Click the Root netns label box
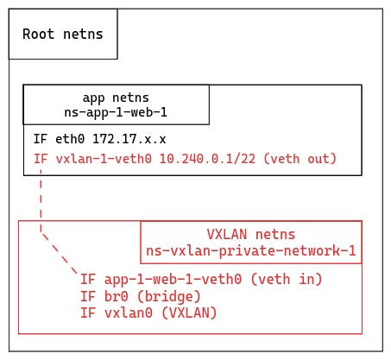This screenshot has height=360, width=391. [62, 35]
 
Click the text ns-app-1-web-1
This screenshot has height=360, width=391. [116, 112]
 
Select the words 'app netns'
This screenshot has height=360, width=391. [116, 98]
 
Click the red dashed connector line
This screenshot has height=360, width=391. [41, 203]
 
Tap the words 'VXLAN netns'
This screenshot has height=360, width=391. [251, 235]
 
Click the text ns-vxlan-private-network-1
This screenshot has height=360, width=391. [251, 250]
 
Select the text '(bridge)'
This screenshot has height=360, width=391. [169, 295]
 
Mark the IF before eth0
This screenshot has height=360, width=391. [41, 138]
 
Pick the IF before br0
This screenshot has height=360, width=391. [87, 295]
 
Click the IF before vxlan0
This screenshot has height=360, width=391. [87, 312]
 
